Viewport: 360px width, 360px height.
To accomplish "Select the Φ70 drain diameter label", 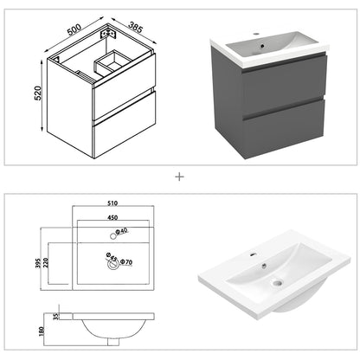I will click(128, 260).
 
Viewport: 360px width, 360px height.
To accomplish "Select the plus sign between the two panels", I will click(180, 177).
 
